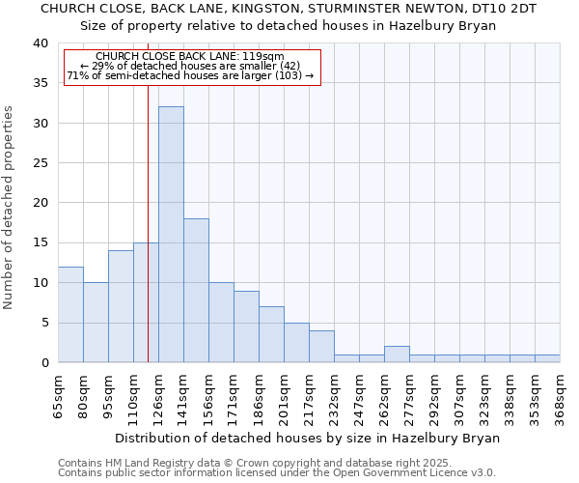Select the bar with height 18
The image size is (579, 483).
click(x=196, y=290)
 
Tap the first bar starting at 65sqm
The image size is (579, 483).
click(x=70, y=314)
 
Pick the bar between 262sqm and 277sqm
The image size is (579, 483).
click(x=397, y=355)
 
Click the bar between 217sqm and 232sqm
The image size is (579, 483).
click(x=321, y=346)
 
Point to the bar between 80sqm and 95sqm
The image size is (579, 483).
click(x=96, y=322)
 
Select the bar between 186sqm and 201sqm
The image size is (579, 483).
click(x=271, y=334)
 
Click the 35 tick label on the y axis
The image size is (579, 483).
click(x=40, y=83)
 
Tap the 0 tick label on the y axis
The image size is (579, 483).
click(x=44, y=362)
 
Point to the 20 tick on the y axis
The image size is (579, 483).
click(x=40, y=203)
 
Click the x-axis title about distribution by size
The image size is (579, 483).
click(x=307, y=438)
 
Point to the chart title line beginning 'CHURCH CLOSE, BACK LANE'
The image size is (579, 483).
click(x=288, y=8)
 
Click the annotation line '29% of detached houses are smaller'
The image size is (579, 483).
click(x=190, y=66)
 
